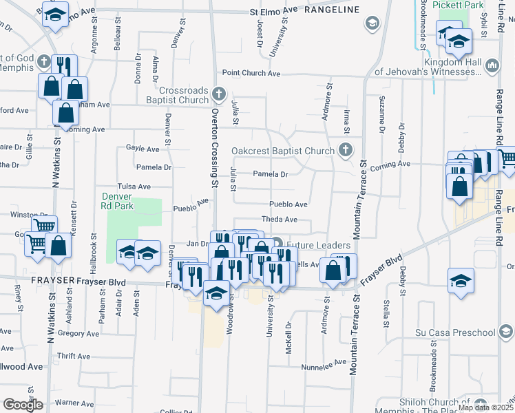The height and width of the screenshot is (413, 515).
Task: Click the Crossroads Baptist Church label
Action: [183, 95]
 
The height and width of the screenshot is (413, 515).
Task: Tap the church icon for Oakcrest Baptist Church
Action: [345, 150]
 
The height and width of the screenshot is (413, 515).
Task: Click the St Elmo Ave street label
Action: [273, 10]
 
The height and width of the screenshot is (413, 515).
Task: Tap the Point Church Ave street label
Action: [251, 73]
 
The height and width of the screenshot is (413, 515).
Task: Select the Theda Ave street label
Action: [279, 220]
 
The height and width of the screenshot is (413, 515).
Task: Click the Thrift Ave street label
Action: [74, 357]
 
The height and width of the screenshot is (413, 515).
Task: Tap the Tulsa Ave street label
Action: [134, 187]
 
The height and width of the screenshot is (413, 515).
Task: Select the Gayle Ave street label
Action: [143, 148]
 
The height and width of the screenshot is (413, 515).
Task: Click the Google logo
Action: [23, 405]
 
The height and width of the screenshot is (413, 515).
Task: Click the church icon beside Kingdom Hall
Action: [492, 65]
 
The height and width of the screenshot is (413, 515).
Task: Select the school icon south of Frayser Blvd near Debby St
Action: [461, 280]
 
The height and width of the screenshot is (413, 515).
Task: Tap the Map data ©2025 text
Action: [484, 407]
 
